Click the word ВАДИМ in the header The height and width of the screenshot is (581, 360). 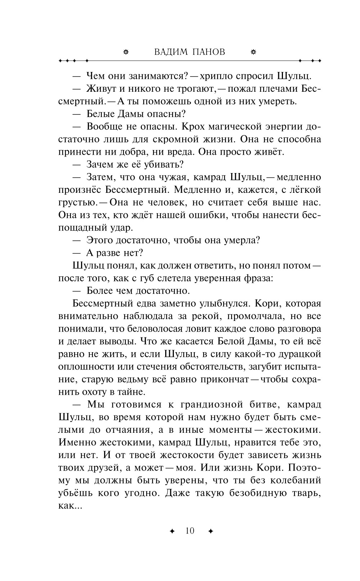point(171,52)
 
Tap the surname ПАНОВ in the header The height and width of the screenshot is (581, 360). point(208,52)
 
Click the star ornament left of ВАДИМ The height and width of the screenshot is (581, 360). point(126,52)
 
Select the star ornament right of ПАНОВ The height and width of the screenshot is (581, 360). point(253,52)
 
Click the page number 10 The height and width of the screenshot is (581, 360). point(190,531)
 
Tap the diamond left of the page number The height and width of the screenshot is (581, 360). point(172,531)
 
